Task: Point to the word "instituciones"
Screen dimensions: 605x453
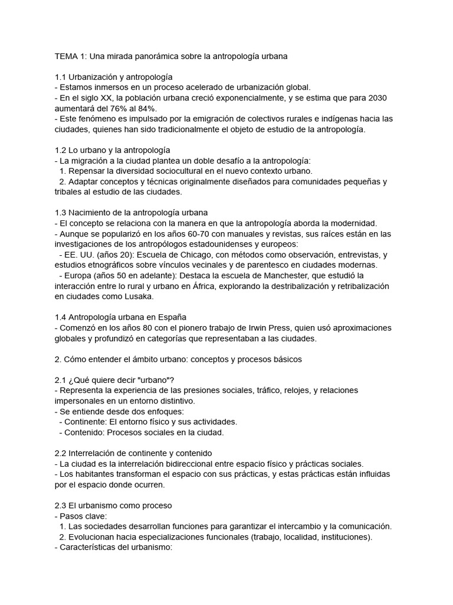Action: (342, 537)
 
